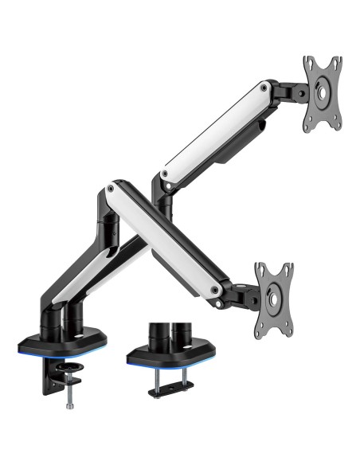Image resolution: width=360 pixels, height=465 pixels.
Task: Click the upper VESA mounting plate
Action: coord(322,93)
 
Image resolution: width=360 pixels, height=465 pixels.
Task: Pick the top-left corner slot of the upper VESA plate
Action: coord(307,63)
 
